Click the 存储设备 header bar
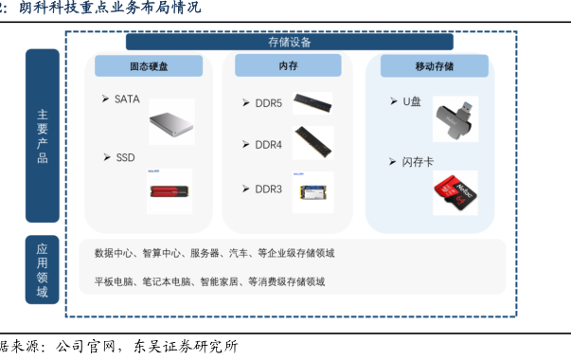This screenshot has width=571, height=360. click(x=290, y=42)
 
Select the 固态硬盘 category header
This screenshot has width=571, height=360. click(x=149, y=66)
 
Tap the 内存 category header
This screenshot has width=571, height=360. click(x=288, y=65)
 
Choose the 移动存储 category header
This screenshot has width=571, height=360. click(x=435, y=66)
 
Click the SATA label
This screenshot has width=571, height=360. click(x=127, y=99)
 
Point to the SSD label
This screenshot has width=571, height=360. click(x=125, y=158)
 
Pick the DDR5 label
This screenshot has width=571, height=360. click(x=269, y=103)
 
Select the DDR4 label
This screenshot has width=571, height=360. click(x=269, y=145)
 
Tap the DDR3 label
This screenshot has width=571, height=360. click(x=269, y=189)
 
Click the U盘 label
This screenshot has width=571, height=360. click(x=412, y=101)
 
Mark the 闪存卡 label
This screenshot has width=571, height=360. click(x=418, y=162)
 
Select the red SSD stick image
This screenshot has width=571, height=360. click(x=170, y=191)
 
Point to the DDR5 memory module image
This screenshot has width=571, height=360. click(x=312, y=103)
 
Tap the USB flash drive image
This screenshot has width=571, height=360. click(x=455, y=119)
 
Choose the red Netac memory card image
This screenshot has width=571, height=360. click(x=455, y=192)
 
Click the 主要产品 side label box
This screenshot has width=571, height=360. click(x=43, y=135)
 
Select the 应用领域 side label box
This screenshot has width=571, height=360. click(x=42, y=270)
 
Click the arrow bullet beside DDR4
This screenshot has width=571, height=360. click(x=246, y=145)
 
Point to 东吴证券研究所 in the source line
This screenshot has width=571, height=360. click(x=186, y=346)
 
